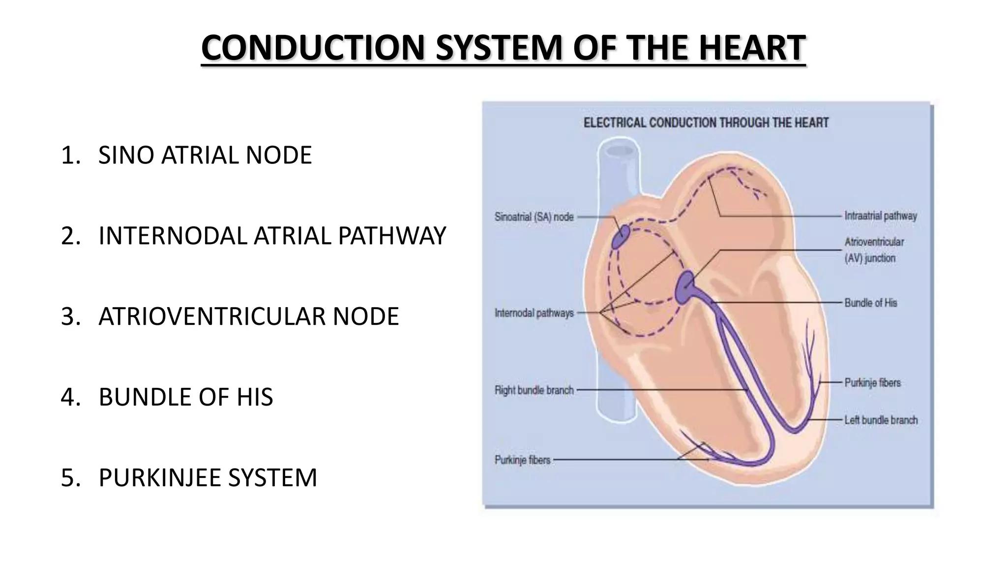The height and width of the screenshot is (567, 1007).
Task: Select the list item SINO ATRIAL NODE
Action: [x=205, y=155]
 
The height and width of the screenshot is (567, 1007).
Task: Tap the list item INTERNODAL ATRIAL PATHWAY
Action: [x=272, y=236]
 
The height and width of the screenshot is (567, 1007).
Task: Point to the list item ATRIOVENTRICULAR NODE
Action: [x=248, y=316]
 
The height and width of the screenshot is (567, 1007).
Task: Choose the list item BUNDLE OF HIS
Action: [x=185, y=397]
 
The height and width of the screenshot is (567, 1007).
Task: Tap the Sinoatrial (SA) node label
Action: [x=534, y=217]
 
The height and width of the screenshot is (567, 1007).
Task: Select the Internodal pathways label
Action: [x=534, y=313]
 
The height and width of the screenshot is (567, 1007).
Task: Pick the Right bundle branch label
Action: [x=534, y=390]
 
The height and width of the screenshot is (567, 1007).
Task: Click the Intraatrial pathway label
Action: [x=881, y=216]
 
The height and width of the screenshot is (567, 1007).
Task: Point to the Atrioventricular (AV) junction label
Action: [x=874, y=250]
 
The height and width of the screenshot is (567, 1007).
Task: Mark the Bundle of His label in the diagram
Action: [x=871, y=303]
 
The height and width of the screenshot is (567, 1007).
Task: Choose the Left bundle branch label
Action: [x=881, y=420]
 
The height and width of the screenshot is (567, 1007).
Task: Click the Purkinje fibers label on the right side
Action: [x=873, y=382]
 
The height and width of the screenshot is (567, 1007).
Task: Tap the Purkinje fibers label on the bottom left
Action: [x=522, y=460]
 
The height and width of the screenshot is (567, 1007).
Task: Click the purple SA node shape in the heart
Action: [x=621, y=237]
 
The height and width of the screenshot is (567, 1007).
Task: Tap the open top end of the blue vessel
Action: [x=619, y=150]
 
